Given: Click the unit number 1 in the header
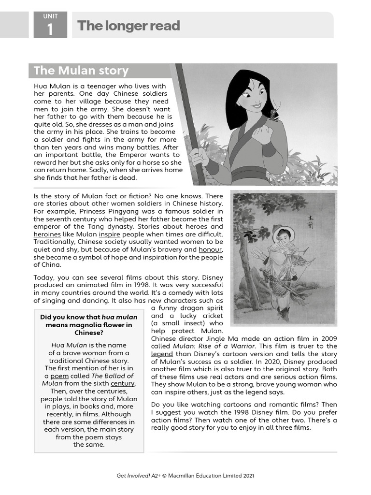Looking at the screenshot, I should click(x=50, y=30).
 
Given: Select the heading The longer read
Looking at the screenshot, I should click(x=128, y=26).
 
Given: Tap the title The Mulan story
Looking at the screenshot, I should click(x=81, y=71).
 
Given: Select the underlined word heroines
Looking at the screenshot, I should click(x=47, y=233).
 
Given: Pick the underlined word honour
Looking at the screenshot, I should click(x=210, y=249).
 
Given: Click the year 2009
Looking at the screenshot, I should click(x=328, y=338).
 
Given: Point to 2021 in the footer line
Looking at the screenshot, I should click(x=247, y=476).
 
